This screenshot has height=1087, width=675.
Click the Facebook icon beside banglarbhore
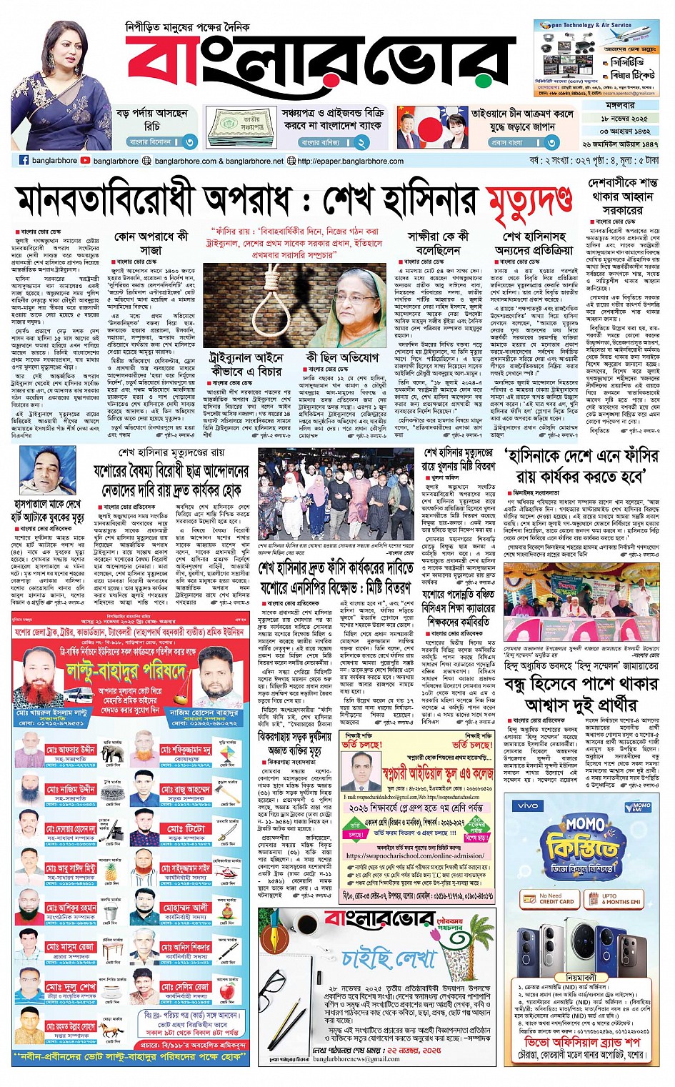[x=24, y=161]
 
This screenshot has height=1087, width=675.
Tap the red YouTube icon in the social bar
[x=86, y=161]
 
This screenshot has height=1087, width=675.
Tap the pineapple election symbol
[x=111, y=871]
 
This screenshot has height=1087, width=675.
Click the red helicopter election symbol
[x=227, y=873]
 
